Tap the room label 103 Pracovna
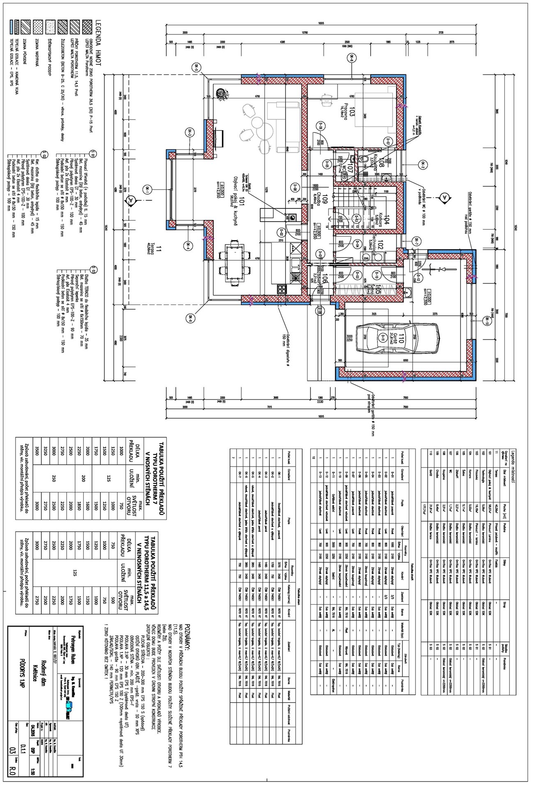349,110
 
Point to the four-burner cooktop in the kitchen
282,289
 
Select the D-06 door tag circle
321,126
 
